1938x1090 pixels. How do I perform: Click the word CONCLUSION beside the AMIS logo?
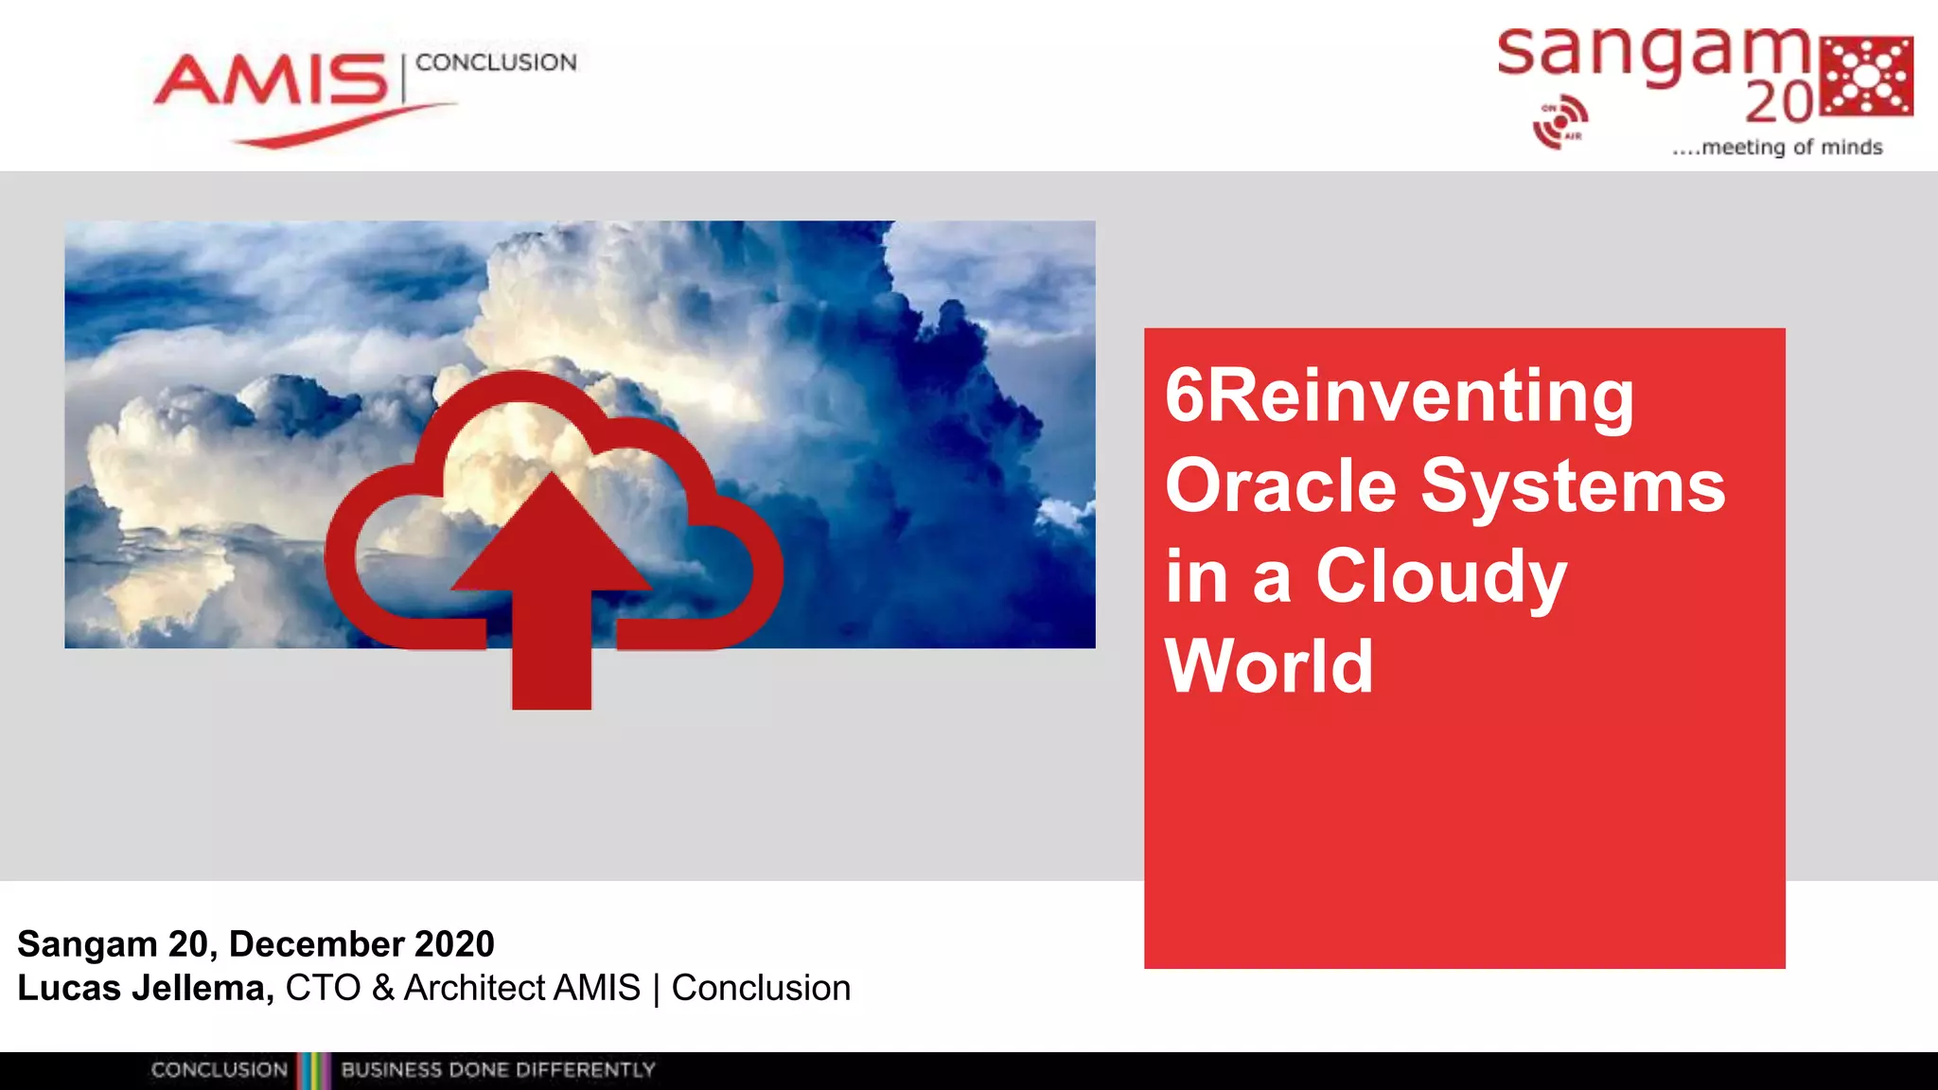click(x=496, y=62)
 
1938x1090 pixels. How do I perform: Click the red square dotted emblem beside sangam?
click(x=1867, y=77)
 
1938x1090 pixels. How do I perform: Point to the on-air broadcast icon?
click(x=1559, y=122)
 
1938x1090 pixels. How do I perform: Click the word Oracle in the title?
click(x=1280, y=485)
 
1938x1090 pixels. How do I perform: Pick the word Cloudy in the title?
click(x=1440, y=576)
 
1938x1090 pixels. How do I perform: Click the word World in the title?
click(x=1268, y=666)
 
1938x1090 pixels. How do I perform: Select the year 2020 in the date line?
click(x=455, y=943)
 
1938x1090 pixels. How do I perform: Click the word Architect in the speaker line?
click(x=474, y=988)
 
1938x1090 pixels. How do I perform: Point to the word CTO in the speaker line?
click(x=323, y=988)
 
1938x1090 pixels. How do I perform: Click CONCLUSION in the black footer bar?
click(x=219, y=1070)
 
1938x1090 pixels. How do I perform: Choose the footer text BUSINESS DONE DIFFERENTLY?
click(x=498, y=1070)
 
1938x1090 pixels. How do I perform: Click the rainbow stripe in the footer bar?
click(x=313, y=1070)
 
